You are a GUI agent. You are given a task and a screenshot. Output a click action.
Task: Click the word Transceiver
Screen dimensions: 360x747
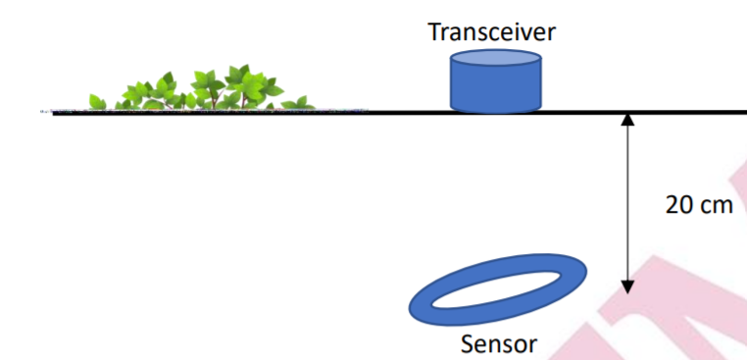[492, 32]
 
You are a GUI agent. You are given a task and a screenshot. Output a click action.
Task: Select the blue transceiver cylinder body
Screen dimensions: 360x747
[495, 89]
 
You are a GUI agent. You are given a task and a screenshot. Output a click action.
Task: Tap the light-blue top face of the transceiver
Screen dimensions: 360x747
[495, 61]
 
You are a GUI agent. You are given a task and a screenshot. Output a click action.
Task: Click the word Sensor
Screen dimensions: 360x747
[499, 344]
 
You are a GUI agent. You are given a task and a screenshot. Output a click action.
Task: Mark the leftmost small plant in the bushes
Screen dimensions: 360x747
[97, 102]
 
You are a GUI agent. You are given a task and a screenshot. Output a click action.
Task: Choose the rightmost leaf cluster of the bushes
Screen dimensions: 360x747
[299, 101]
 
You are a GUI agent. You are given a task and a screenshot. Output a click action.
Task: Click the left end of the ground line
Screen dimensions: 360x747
[55, 113]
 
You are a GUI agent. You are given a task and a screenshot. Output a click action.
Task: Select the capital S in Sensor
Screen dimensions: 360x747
[468, 344]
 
